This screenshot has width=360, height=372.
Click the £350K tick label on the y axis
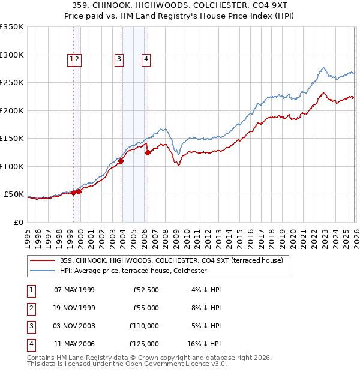tap(12, 27)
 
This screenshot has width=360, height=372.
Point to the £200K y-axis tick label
tap(12, 110)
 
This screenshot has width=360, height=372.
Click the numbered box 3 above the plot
tap(119, 59)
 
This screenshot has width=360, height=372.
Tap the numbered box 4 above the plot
tap(146, 59)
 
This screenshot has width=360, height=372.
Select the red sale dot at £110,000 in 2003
tap(121, 161)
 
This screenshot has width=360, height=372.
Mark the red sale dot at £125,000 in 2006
tap(148, 152)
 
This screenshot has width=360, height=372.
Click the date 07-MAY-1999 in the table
tap(74, 290)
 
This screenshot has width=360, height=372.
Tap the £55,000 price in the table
tap(146, 307)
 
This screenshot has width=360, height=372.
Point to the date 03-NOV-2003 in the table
tap(74, 326)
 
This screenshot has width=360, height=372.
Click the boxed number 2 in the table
tap(30, 308)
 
